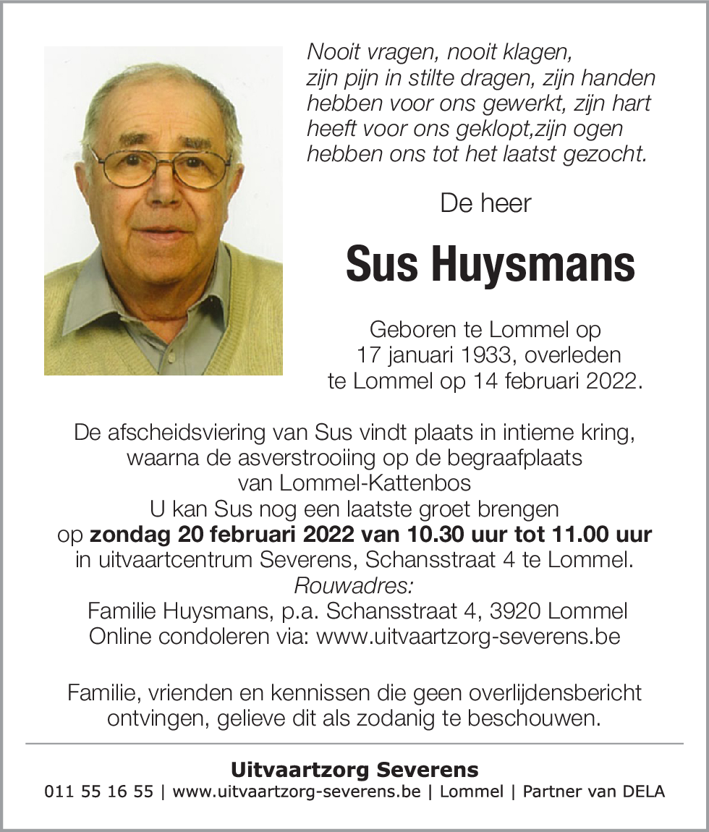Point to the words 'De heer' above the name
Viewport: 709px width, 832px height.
[x=485, y=203]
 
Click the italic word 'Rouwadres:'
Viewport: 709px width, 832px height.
[x=354, y=585]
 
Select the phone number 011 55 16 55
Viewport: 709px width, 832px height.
[x=99, y=791]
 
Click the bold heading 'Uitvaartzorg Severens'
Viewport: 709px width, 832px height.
[x=354, y=769]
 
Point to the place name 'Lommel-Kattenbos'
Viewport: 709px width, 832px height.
[x=354, y=483]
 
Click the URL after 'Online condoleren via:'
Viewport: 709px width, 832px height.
[x=468, y=637]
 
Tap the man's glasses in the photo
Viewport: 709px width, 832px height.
[x=161, y=165]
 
